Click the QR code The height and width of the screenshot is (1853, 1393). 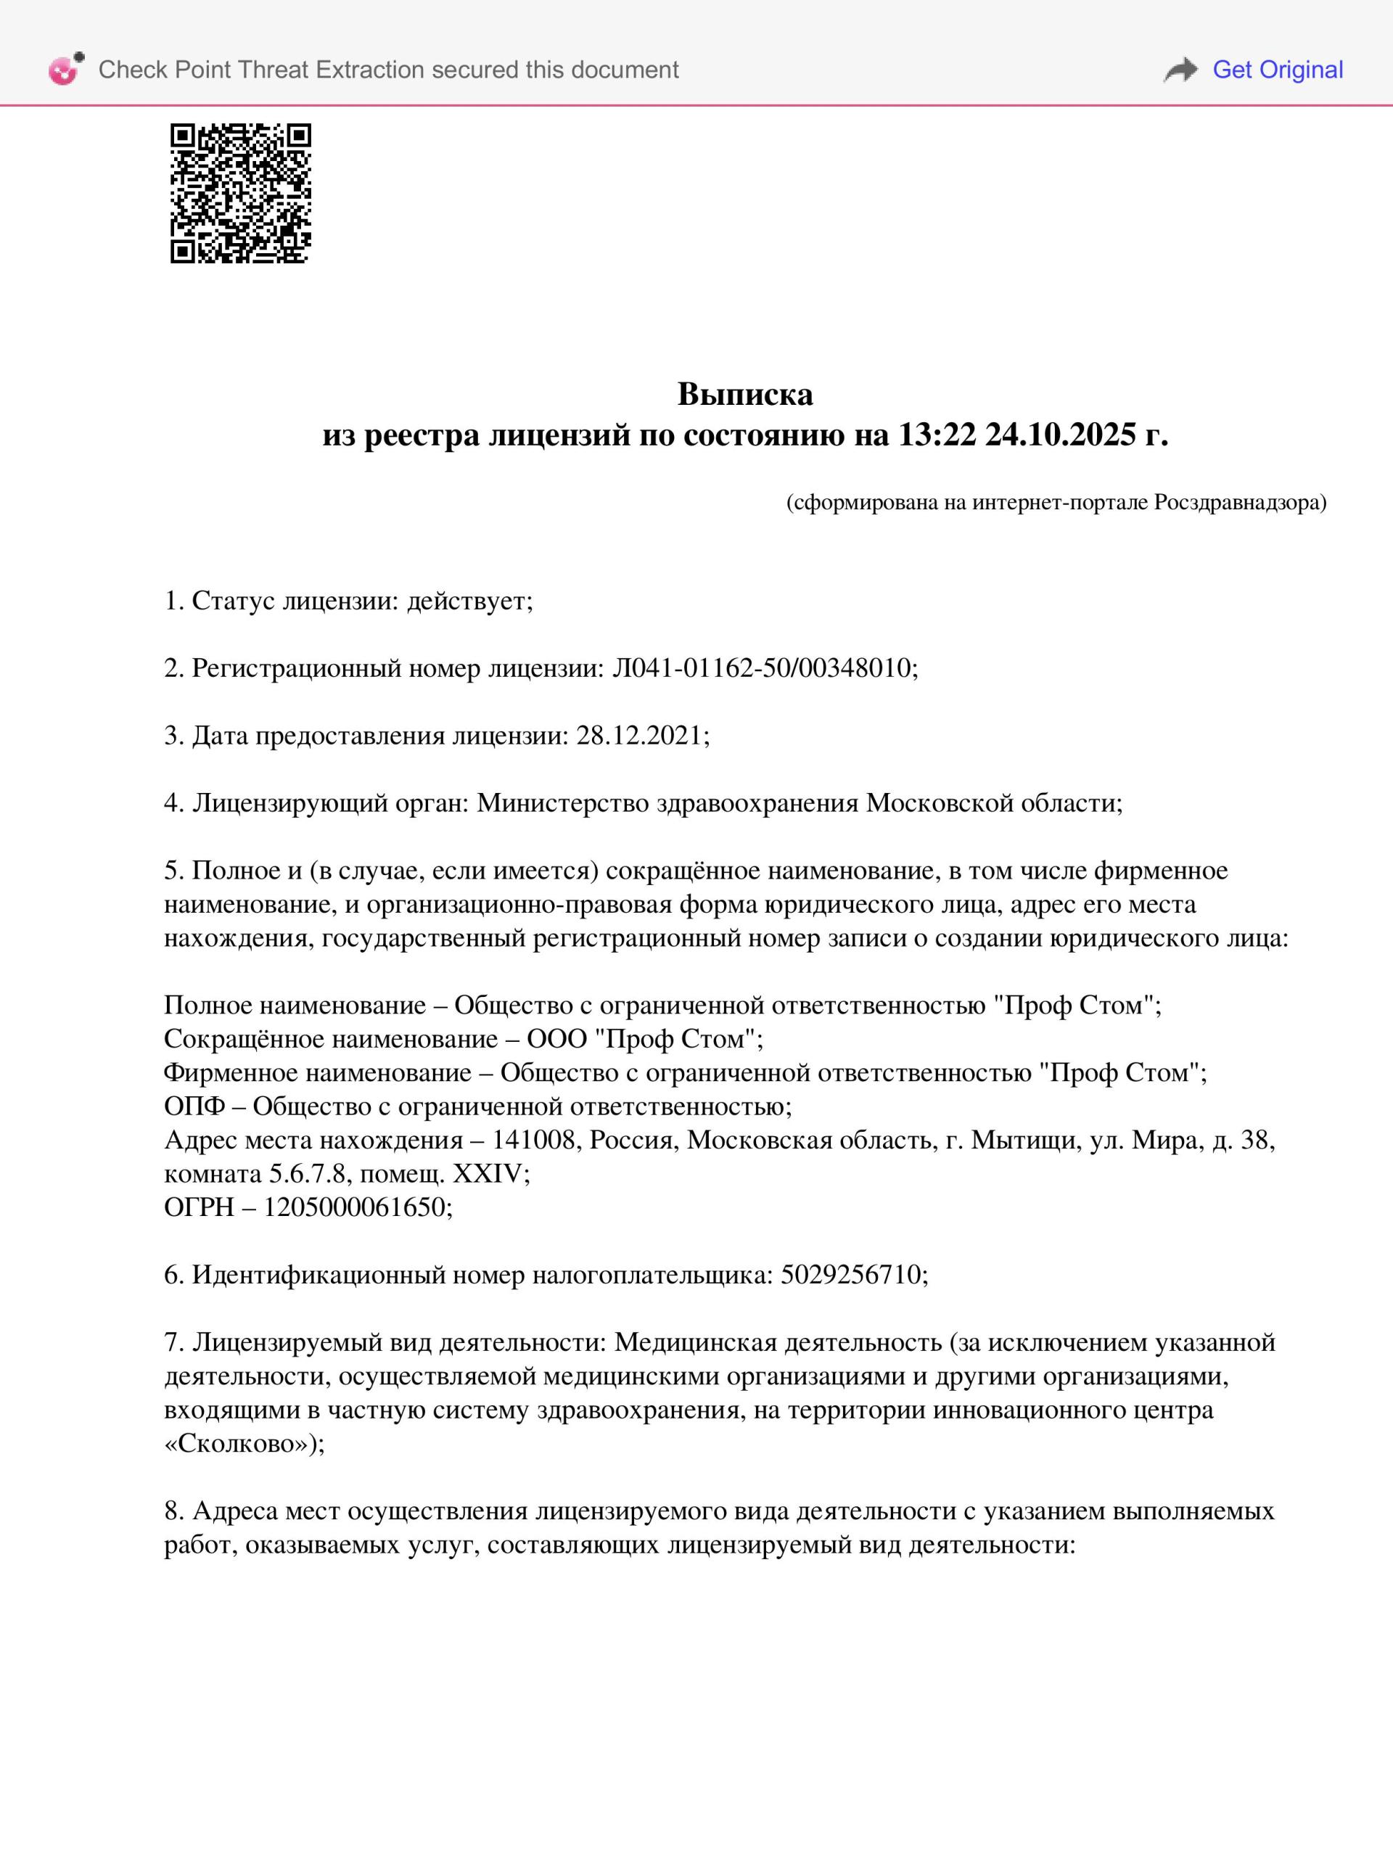240,194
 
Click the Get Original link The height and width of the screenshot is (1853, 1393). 1278,70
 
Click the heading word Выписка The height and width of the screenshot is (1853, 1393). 744,394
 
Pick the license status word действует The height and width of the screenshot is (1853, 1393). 469,601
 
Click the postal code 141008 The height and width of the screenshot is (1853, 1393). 537,1140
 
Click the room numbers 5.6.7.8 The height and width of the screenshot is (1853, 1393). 308,1174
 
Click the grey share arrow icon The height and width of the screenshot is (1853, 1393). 1180,70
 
